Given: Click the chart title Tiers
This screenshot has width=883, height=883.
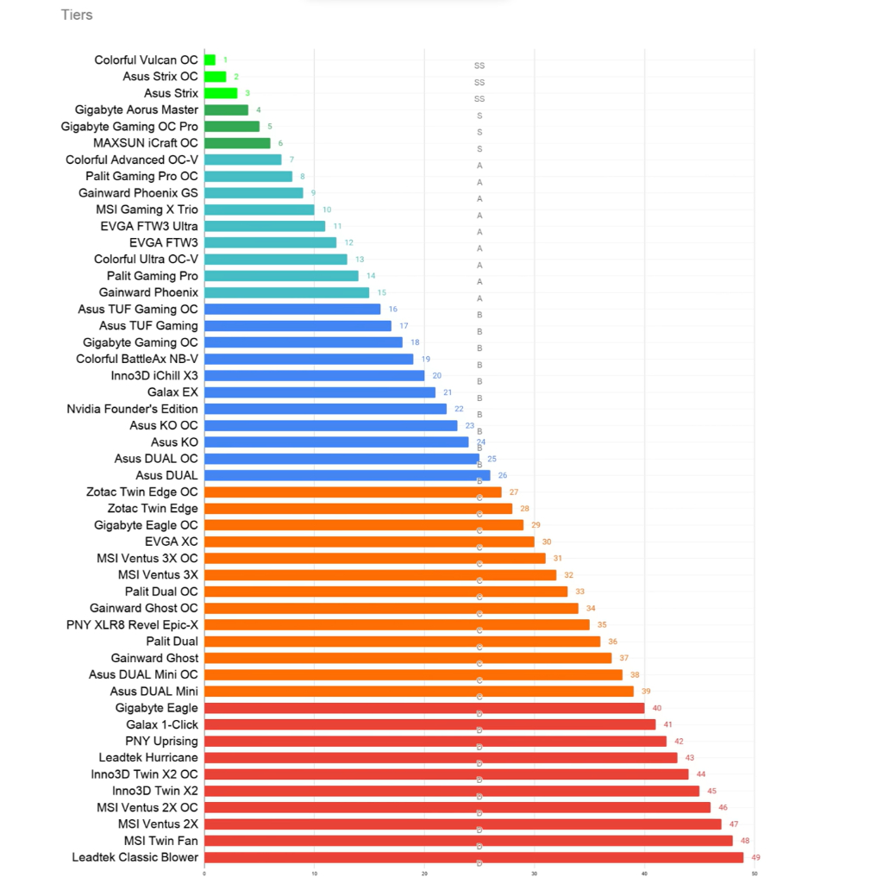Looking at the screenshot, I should (x=77, y=15).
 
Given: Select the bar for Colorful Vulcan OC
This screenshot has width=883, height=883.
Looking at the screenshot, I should (x=210, y=60).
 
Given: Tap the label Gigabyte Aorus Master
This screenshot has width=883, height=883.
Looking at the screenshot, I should (x=136, y=110).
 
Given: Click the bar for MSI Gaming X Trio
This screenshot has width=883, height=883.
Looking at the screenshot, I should (x=259, y=210).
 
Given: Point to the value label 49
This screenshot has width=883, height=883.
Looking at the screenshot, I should (x=756, y=858).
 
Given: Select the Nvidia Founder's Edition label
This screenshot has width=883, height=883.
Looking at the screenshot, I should (x=132, y=409).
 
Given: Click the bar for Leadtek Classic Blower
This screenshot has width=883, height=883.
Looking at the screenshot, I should (x=473, y=858).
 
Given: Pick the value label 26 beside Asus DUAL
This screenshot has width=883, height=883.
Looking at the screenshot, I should (x=503, y=475).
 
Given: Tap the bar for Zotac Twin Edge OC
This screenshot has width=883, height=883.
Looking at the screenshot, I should (x=353, y=492).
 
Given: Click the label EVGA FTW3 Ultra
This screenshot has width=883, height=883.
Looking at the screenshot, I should (x=149, y=226).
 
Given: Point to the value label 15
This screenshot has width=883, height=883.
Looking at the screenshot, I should (x=382, y=292).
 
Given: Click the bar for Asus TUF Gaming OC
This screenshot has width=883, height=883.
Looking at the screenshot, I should (x=292, y=309).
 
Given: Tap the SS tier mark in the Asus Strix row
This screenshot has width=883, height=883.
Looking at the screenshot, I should (x=479, y=99).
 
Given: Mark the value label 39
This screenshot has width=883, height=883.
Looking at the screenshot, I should (x=646, y=692).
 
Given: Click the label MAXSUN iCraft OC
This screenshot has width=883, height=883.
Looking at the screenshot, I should (x=146, y=143).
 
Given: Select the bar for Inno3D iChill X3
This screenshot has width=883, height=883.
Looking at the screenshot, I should (x=314, y=375).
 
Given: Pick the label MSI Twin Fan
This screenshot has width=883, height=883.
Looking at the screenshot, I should (x=160, y=841).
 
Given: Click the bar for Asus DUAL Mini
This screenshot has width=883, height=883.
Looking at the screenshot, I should (x=418, y=692).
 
